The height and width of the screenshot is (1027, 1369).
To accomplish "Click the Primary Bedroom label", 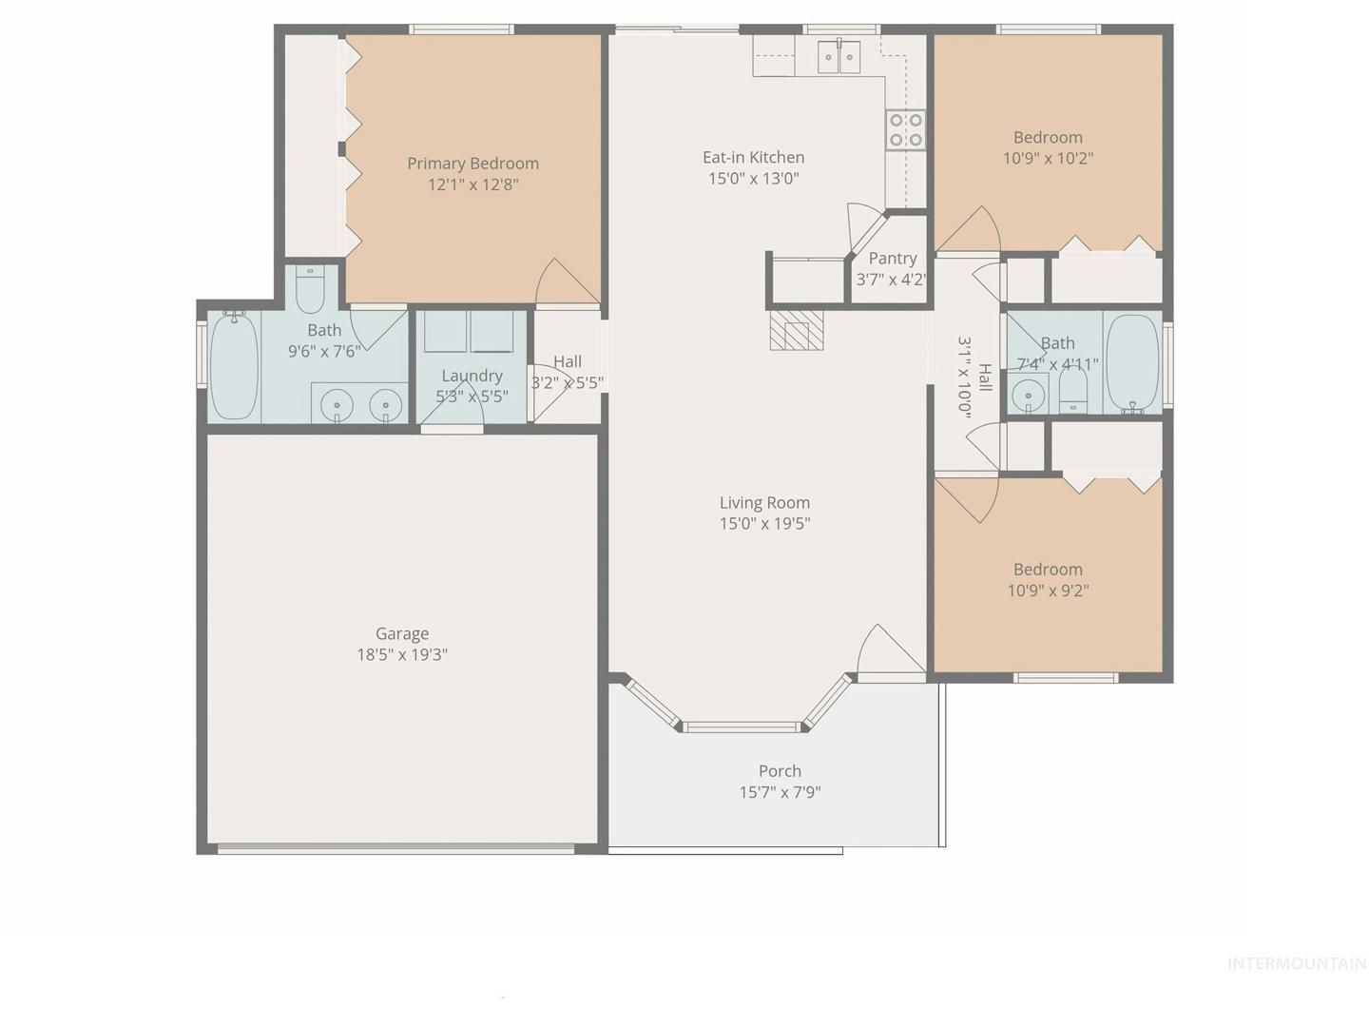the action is point(472,164).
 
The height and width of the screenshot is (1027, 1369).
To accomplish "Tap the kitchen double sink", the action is point(839,57).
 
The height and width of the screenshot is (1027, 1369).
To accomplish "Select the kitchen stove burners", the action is point(906,129).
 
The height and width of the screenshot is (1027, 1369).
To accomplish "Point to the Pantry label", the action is point(893,258).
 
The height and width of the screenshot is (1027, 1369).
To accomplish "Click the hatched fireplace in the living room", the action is point(797,331).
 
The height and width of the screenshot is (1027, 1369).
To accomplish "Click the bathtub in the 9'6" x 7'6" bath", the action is point(234,365).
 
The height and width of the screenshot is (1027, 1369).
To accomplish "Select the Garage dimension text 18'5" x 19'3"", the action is point(402,655).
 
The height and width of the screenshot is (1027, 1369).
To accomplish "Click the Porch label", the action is point(781,771).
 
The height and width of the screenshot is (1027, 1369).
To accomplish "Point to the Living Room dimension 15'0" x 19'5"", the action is point(764,524).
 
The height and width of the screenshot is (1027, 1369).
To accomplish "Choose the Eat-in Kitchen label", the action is point(753,157).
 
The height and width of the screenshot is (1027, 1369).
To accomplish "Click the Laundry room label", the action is point(472,376).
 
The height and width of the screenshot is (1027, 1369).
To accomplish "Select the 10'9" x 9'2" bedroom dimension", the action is point(1049,591).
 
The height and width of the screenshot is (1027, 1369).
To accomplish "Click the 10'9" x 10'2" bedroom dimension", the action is point(1048,159).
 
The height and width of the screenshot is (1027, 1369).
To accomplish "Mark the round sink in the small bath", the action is point(1025,395).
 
